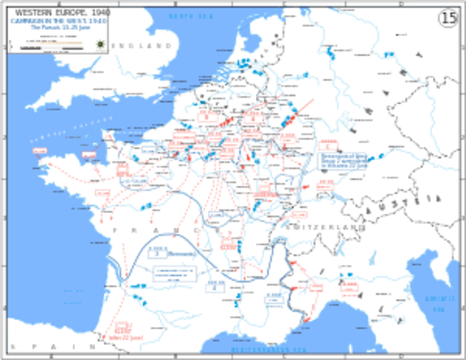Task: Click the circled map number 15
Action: [448, 18]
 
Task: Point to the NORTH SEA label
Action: [191, 16]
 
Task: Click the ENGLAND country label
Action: [143, 46]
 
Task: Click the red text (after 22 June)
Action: [125, 337]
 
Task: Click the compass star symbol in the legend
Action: [100, 44]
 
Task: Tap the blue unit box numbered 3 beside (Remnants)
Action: [158, 253]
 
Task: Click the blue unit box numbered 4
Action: [215, 286]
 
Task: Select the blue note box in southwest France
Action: [176, 274]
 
